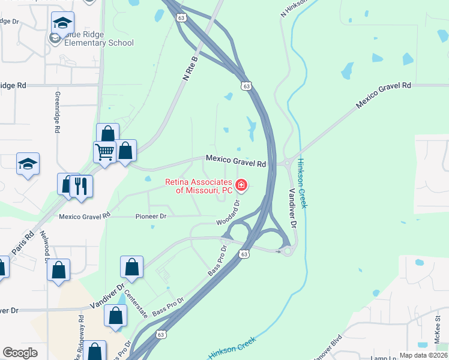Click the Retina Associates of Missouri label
tap(199, 186)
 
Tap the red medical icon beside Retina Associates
tap(241, 185)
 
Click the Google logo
tap(20, 352)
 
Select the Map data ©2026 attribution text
tap(423, 355)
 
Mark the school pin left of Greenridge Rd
tap(28, 164)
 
